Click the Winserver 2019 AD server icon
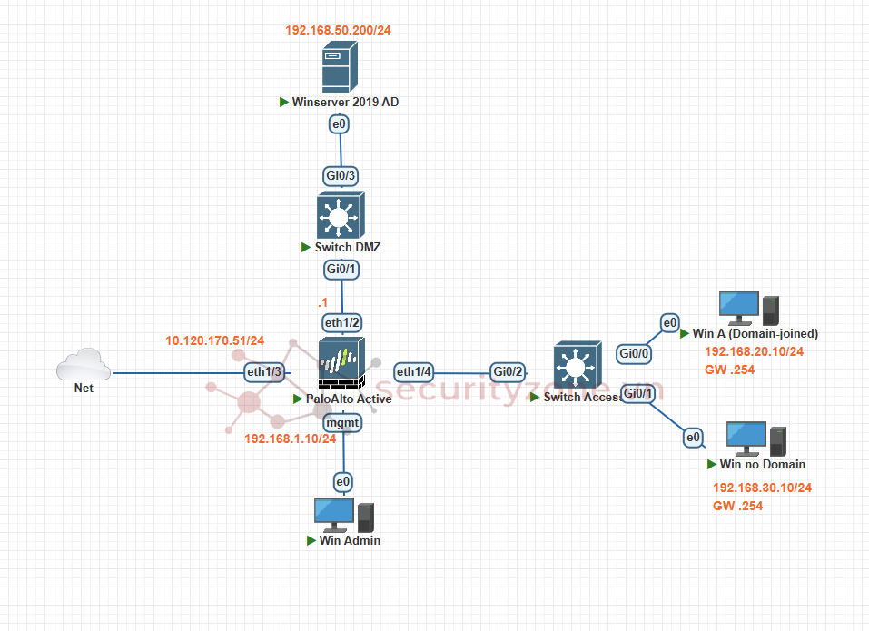(341, 67)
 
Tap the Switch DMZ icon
(341, 214)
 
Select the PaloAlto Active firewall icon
(341, 363)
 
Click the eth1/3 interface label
(265, 371)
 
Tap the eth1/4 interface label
(414, 371)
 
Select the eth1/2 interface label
(342, 322)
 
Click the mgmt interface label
(343, 422)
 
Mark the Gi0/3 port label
(341, 175)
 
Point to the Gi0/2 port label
(508, 371)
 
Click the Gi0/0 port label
(634, 352)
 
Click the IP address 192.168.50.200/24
(338, 30)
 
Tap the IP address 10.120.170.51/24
(214, 341)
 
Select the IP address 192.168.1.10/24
(291, 439)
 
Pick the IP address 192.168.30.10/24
(762, 488)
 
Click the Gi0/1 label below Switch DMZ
(341, 269)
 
